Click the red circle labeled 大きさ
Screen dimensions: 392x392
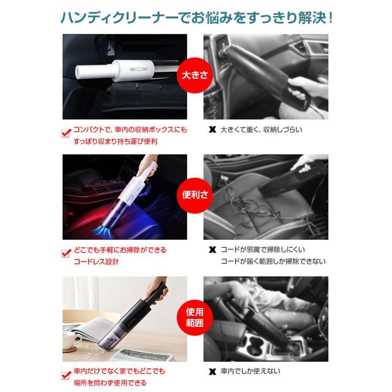[x=195, y=75]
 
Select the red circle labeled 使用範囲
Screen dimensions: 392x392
[x=195, y=318]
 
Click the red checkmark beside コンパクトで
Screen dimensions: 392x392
[x=66, y=133]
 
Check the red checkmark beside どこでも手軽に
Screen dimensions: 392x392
[x=66, y=253]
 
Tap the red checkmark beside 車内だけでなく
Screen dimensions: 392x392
[x=66, y=375]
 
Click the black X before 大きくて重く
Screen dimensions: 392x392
[x=212, y=130]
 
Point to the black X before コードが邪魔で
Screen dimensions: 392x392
[x=212, y=250]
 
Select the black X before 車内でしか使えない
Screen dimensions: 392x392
[x=212, y=372]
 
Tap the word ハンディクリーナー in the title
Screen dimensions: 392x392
[x=119, y=18]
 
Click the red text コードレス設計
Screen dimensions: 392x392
[x=96, y=262]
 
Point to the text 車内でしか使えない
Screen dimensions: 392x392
[x=250, y=371]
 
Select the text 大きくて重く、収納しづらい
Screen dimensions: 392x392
[x=261, y=129]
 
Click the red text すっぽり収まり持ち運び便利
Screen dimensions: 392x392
[x=115, y=142]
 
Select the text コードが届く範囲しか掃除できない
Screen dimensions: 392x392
[x=273, y=261]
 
